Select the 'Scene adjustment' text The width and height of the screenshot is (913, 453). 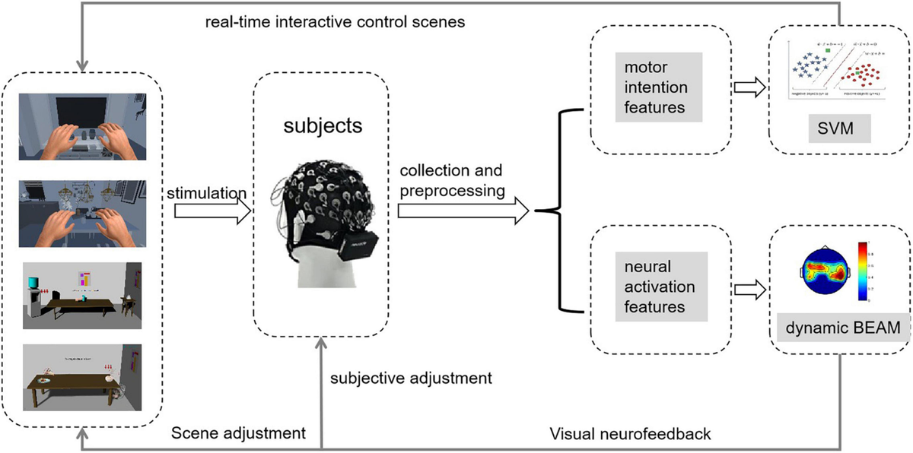[238, 433]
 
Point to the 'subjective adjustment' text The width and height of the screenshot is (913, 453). [411, 376]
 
